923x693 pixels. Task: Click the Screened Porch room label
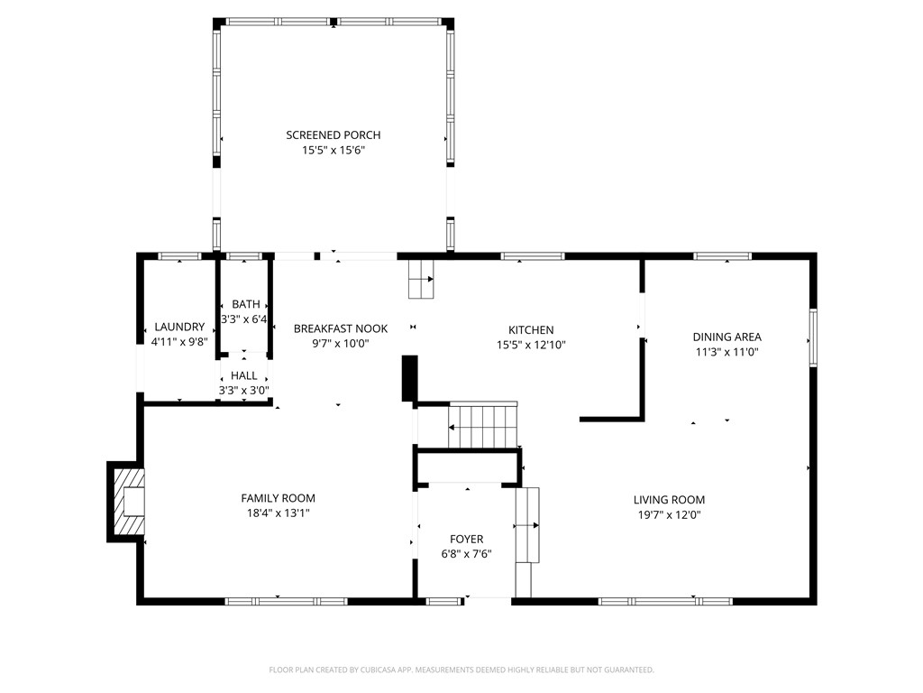tap(334, 135)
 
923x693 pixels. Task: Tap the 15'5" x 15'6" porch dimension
tap(334, 151)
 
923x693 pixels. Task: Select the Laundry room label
tap(179, 327)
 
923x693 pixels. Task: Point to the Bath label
tap(245, 304)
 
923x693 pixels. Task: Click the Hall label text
tap(243, 375)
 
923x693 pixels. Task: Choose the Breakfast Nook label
tap(340, 328)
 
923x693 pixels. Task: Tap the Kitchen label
tap(531, 330)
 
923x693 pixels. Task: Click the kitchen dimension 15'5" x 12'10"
tap(531, 345)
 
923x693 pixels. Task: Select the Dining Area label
tap(727, 337)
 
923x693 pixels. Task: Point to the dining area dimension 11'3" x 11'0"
tap(727, 352)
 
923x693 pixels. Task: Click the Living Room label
tap(670, 500)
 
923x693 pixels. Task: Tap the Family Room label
tap(278, 498)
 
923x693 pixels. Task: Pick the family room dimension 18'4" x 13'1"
tap(278, 513)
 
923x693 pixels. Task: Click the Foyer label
tap(466, 539)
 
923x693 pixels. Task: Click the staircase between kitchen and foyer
tap(483, 426)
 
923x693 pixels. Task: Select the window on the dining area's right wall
tap(813, 337)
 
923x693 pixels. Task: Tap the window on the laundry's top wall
tap(179, 256)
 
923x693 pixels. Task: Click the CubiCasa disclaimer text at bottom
tap(461, 670)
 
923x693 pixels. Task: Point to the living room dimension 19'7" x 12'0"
tap(670, 514)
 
